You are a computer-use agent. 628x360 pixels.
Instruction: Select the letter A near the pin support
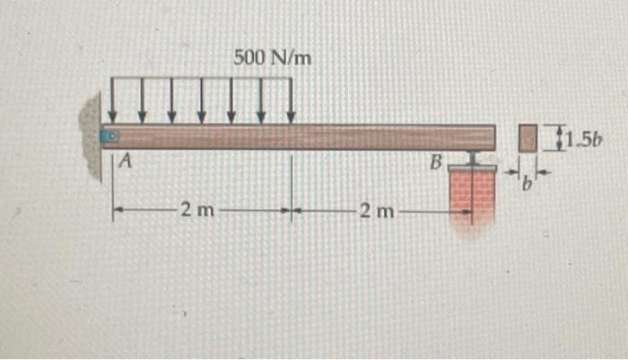tap(126, 162)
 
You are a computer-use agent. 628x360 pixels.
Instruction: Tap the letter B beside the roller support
tap(436, 163)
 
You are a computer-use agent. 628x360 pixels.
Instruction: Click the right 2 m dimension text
tap(375, 212)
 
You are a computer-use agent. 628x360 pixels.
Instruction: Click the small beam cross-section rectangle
tap(529, 138)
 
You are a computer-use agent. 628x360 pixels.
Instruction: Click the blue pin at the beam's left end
tap(109, 136)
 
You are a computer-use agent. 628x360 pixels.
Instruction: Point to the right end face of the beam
tap(494, 136)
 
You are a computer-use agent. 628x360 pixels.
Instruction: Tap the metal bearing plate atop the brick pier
tap(472, 167)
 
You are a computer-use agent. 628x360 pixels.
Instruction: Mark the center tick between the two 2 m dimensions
tap(291, 213)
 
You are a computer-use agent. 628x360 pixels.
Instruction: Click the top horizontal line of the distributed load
tap(201, 80)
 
